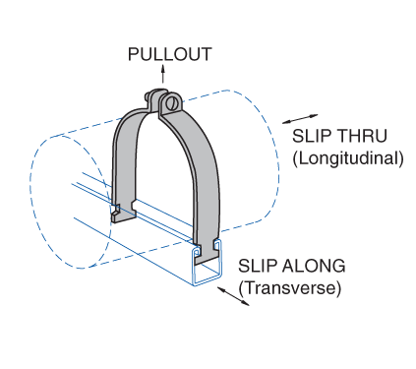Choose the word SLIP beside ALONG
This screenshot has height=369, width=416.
(x=259, y=267)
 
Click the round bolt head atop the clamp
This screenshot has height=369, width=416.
(x=173, y=103)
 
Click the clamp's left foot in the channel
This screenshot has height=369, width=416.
(x=116, y=210)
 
